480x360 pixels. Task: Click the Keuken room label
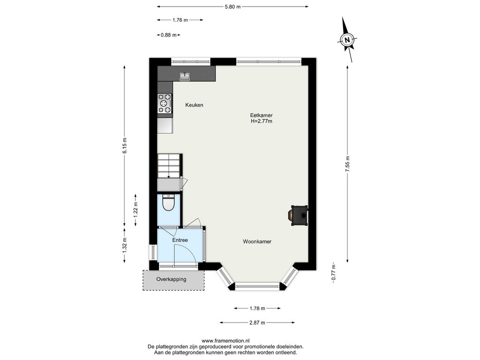pyautogui.click(x=194, y=105)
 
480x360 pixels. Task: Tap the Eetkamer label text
pyautogui.click(x=261, y=115)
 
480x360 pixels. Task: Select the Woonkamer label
pyautogui.click(x=257, y=241)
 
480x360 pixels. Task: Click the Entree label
pyautogui.click(x=180, y=240)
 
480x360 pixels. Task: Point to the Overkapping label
pyautogui.click(x=171, y=279)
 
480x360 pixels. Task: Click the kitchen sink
pyautogui.click(x=185, y=76)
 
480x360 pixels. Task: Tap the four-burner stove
pyautogui.click(x=165, y=104)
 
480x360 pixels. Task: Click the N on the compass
pyautogui.click(x=347, y=40)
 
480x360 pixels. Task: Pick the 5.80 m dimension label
pyautogui.click(x=232, y=7)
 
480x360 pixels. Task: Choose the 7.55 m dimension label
pyautogui.click(x=347, y=165)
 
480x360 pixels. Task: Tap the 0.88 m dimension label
pyautogui.click(x=169, y=35)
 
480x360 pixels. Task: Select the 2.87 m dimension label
pyautogui.click(x=257, y=322)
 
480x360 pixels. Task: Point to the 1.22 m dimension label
pyautogui.click(x=135, y=210)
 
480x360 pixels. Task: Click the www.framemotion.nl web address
pyautogui.click(x=225, y=341)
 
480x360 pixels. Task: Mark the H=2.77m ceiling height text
pyautogui.click(x=262, y=121)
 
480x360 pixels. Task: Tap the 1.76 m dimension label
pyautogui.click(x=180, y=20)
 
